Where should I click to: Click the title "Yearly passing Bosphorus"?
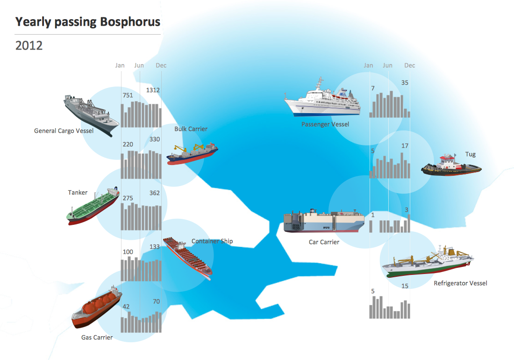(x=87, y=22)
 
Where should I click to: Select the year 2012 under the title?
(x=29, y=46)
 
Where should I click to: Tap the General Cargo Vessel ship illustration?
(x=91, y=114)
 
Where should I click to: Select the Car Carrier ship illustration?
(x=324, y=221)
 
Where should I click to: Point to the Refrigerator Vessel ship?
(x=428, y=262)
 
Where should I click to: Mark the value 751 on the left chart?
(x=128, y=95)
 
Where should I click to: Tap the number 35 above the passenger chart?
(x=405, y=83)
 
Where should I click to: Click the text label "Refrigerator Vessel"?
(x=460, y=283)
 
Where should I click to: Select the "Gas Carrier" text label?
(x=97, y=337)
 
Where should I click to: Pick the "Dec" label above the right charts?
(x=409, y=65)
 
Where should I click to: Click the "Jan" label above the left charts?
(x=120, y=65)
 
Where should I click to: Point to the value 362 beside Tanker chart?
(x=154, y=193)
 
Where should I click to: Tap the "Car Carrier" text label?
(x=324, y=242)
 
